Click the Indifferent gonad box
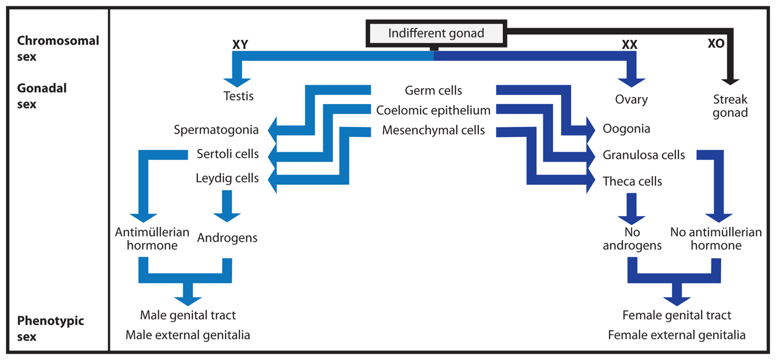[x=436, y=33]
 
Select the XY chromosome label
[x=240, y=45]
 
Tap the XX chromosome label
[x=629, y=45]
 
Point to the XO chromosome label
[x=716, y=44]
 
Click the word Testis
[x=239, y=97]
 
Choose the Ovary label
[x=631, y=99]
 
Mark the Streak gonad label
[x=730, y=106]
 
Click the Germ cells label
[x=433, y=91]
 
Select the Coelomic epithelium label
[x=433, y=110]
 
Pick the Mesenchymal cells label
[x=433, y=130]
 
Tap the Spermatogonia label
[x=216, y=130]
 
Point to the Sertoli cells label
[x=228, y=154]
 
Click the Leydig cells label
[x=228, y=178]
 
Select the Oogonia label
[x=627, y=129]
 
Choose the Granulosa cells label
[x=644, y=155]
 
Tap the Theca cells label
[x=632, y=182]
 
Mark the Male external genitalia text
[x=188, y=335]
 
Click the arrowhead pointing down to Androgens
[x=227, y=217]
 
